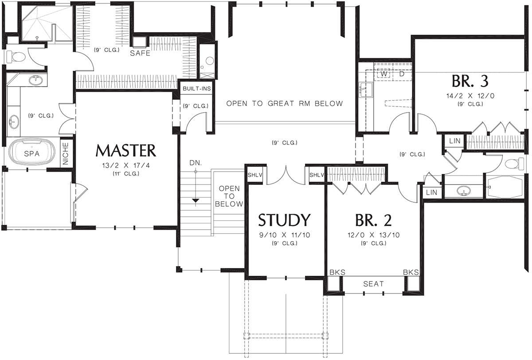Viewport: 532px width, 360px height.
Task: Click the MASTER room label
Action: click(125, 151)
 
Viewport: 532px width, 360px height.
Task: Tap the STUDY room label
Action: click(284, 220)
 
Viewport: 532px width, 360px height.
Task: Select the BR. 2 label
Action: click(373, 220)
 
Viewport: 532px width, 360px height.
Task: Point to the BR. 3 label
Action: click(470, 81)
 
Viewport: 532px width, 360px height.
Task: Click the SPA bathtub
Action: click(32, 152)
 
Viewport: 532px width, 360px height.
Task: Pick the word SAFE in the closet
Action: click(140, 53)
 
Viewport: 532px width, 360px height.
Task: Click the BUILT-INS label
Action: click(197, 89)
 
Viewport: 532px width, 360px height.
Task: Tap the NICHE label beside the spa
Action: click(66, 153)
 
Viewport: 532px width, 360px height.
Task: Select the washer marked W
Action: click(383, 74)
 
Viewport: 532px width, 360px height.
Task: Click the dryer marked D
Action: click(402, 74)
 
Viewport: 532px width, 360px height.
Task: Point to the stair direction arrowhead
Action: click(196, 201)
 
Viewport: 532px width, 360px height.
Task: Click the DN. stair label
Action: click(196, 163)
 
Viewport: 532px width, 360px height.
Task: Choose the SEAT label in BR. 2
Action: click(373, 284)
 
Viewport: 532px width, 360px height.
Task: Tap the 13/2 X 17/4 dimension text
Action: click(126, 165)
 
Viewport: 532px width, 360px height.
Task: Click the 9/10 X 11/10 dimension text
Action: click(285, 235)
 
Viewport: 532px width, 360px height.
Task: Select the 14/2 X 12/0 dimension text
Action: click(470, 96)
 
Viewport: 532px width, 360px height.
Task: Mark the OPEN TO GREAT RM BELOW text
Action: click(285, 104)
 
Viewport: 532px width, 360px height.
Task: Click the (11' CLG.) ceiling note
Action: click(126, 174)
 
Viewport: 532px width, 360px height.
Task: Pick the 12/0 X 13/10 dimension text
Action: click(374, 235)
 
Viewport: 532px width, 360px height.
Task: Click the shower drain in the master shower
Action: click(37, 38)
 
